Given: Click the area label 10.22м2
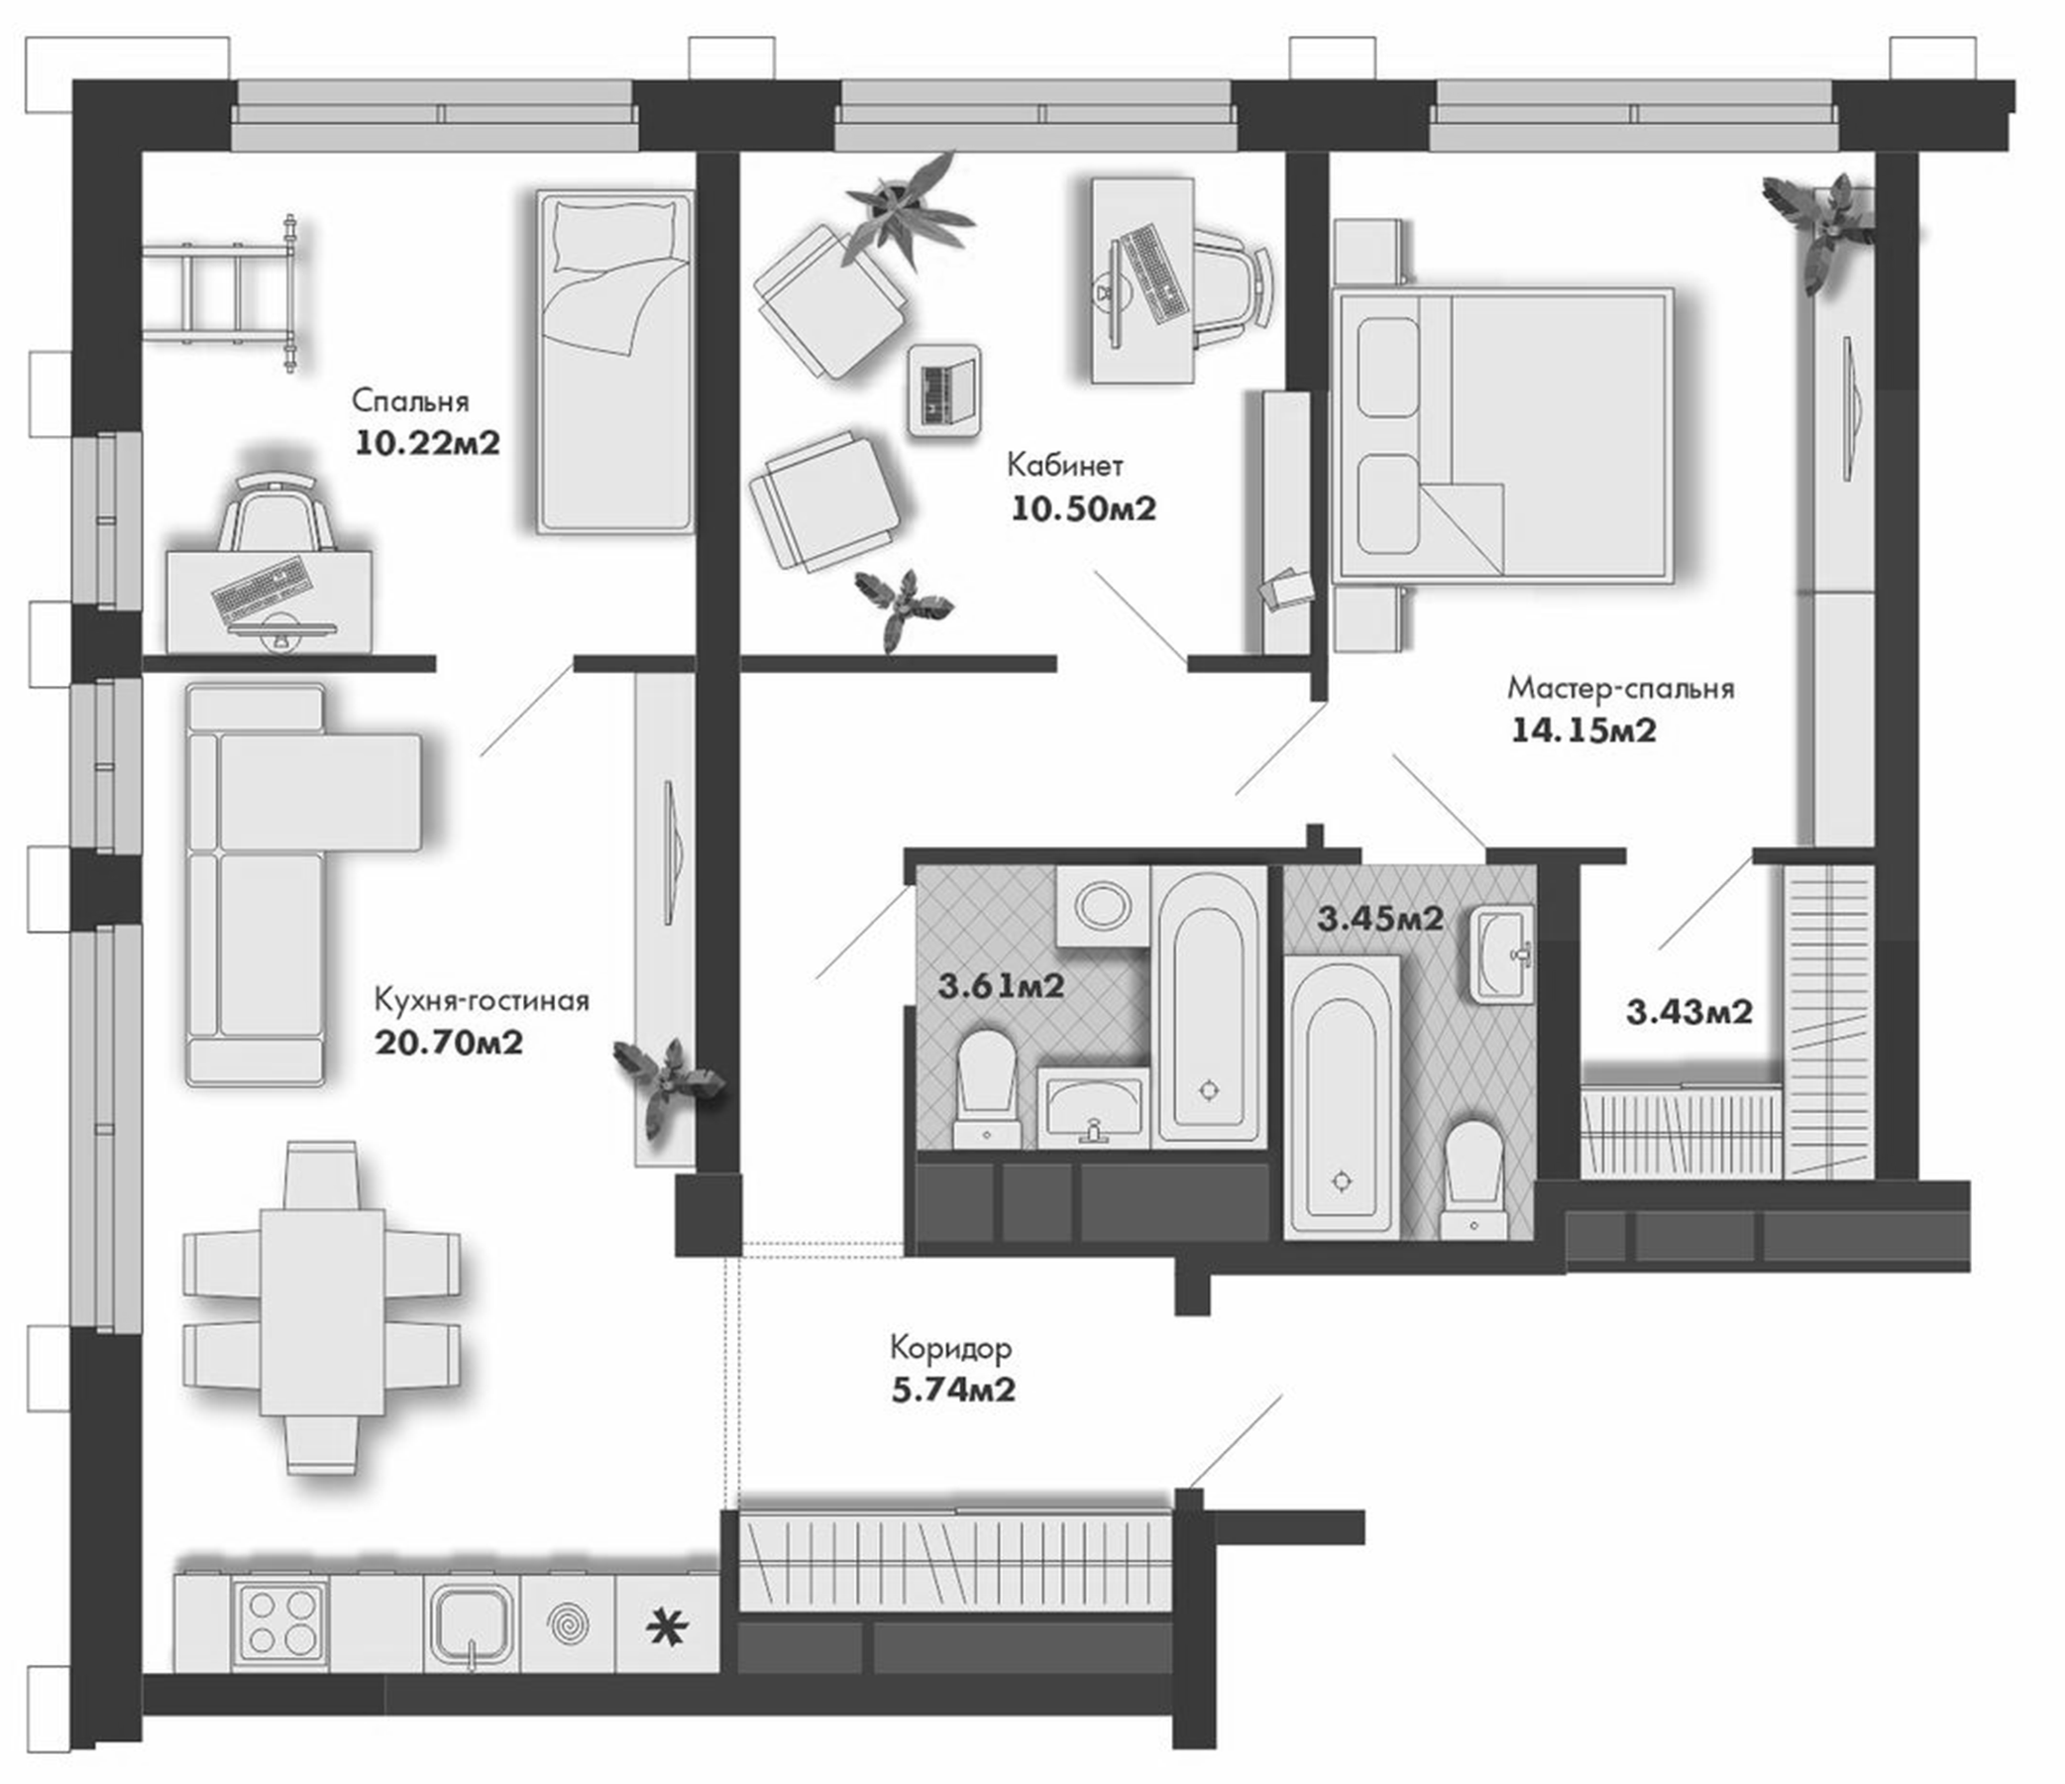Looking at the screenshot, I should point(426,442).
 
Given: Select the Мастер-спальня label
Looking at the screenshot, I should point(1620,688).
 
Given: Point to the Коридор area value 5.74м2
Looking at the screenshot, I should point(953,1390).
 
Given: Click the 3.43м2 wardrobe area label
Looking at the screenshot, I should point(1689,1013).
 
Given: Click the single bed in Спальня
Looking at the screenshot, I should point(613,361).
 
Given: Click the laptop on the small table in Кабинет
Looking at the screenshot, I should point(943,390).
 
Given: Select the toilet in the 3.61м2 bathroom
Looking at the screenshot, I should point(986,1087).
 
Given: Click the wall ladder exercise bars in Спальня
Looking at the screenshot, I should point(224,292).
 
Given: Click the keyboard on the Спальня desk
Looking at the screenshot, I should point(260,587).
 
